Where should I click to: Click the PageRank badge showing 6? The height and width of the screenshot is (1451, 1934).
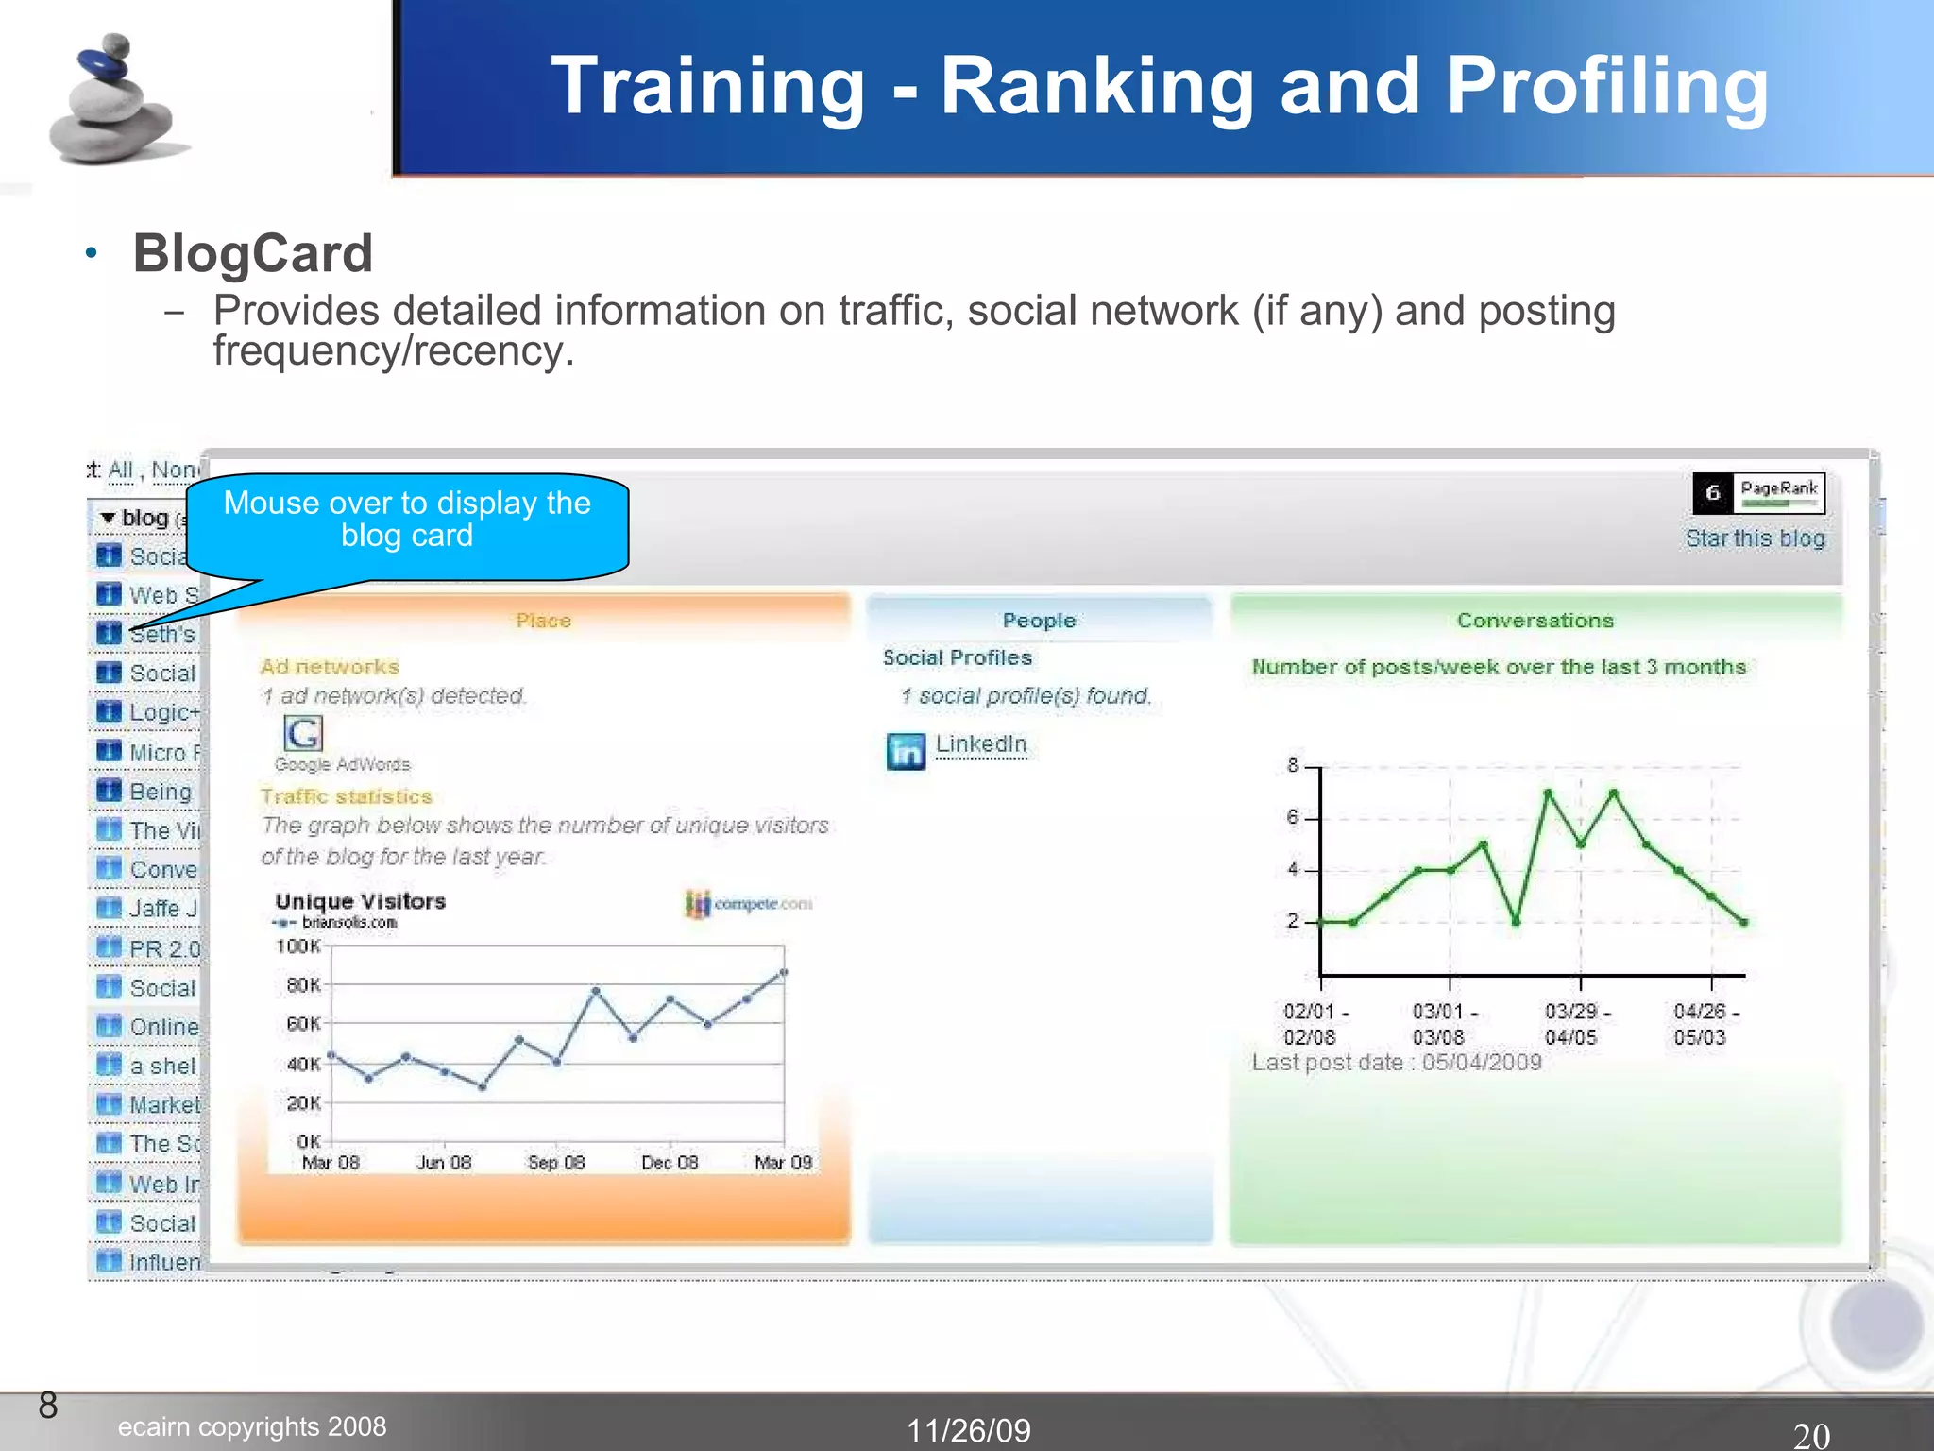click(x=1757, y=492)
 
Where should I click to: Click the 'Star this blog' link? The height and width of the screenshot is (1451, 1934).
click(x=1755, y=538)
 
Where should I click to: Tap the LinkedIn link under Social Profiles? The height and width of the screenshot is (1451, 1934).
click(x=980, y=744)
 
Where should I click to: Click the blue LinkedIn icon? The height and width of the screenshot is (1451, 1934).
click(x=906, y=752)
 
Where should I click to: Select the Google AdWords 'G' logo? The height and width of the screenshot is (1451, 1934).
click(x=302, y=733)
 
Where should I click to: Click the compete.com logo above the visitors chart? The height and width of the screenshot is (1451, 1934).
click(x=748, y=904)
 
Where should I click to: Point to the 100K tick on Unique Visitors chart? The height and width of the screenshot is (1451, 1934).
click(x=298, y=946)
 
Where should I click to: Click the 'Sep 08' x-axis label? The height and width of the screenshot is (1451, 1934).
click(x=555, y=1162)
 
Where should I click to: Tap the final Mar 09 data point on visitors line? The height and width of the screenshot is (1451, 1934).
click(x=784, y=972)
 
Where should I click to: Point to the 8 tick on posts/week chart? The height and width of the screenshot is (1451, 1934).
click(x=1293, y=765)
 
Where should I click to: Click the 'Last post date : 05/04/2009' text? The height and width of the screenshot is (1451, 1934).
click(x=1396, y=1063)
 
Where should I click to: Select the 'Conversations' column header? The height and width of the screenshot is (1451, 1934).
click(x=1535, y=621)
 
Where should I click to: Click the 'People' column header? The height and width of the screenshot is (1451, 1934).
click(x=1039, y=621)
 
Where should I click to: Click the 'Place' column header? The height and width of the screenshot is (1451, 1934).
click(x=543, y=621)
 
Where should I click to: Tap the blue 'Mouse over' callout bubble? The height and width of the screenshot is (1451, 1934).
click(x=407, y=521)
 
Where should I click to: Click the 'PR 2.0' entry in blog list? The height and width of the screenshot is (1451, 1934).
click(x=163, y=948)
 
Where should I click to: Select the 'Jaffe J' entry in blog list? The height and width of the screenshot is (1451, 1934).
click(x=162, y=909)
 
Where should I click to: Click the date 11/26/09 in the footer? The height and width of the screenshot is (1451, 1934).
click(x=968, y=1429)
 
